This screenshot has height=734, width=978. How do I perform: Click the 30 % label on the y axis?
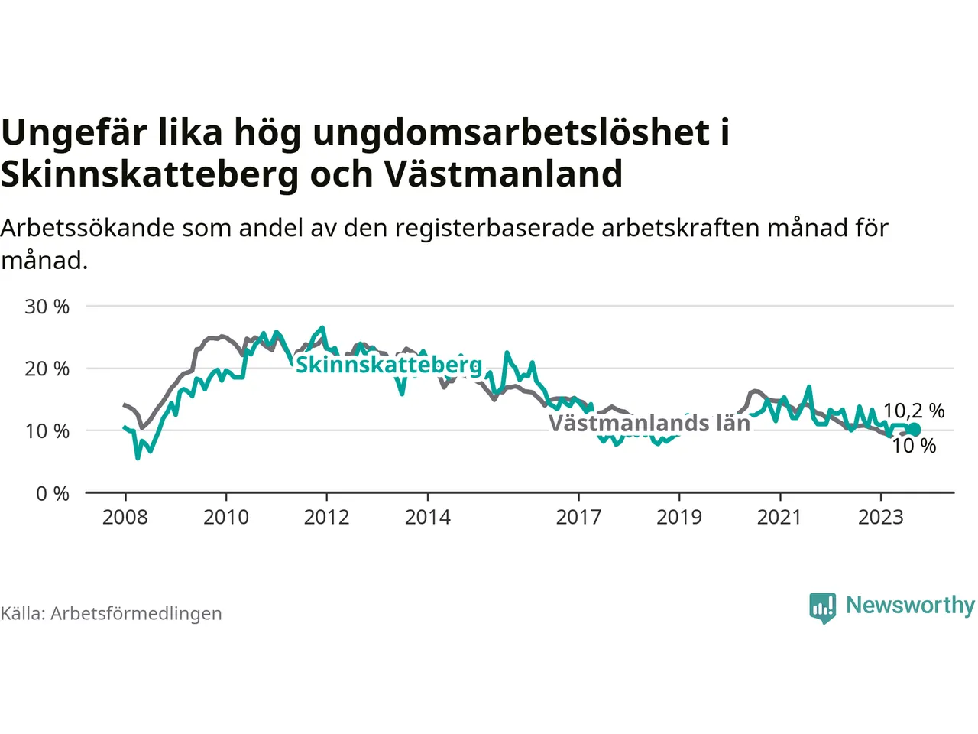coord(47,307)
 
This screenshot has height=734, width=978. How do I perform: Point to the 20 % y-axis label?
coord(47,369)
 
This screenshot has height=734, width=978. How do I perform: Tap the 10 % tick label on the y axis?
coord(47,431)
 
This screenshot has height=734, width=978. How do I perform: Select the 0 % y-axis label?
coord(53,494)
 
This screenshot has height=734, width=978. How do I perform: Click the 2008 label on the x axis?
coord(125,518)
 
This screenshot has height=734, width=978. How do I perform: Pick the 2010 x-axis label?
coord(226,518)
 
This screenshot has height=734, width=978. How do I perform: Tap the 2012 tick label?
coord(326,518)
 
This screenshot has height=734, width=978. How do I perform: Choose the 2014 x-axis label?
coord(428,518)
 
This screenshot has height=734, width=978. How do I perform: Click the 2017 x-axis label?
coord(579,518)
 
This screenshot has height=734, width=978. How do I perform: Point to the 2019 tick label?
coord(679,518)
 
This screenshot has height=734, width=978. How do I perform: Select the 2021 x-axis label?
coord(780,518)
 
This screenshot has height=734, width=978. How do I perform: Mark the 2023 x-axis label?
coord(881,518)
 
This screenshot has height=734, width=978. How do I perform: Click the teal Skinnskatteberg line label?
coord(389,365)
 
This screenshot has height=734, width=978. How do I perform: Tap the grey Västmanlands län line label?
coord(649,423)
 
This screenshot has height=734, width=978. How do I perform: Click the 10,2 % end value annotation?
coord(914,411)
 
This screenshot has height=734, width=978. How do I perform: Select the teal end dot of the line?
coord(915,429)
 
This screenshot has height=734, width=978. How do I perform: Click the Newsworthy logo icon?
coord(822,608)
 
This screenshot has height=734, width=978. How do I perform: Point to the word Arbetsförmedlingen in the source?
coord(136,614)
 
